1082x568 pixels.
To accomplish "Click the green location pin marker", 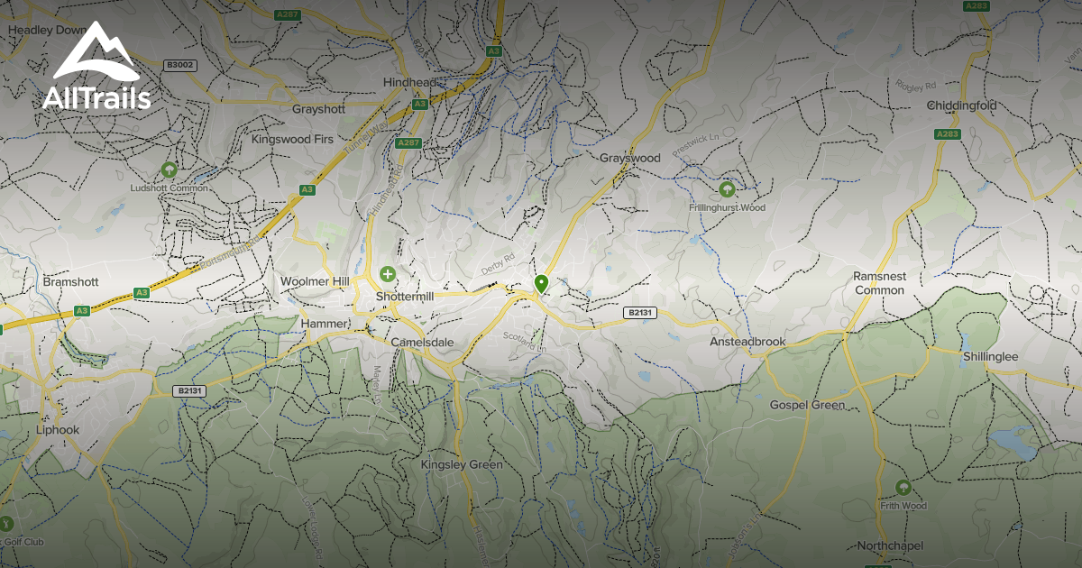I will tap(541, 284).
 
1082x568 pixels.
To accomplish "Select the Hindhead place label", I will tap(409, 82).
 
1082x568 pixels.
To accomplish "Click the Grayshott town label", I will tap(318, 109).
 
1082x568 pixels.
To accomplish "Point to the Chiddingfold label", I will tap(962, 105).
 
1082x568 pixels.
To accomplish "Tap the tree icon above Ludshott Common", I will tap(168, 169).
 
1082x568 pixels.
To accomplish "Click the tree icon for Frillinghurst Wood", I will tap(727, 189).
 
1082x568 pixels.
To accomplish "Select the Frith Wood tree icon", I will tap(903, 488).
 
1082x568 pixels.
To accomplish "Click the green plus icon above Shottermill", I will tap(388, 273).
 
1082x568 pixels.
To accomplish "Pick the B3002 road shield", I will tap(179, 65).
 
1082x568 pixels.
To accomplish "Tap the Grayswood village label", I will tap(630, 158).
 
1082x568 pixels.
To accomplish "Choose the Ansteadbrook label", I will tap(747, 342).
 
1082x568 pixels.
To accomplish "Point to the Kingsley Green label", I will tap(462, 464).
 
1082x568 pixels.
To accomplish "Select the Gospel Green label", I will tap(807, 405).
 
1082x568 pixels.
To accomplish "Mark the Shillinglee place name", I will tap(989, 357).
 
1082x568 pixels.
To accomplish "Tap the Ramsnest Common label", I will tap(879, 283).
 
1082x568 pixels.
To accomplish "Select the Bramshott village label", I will tap(69, 282).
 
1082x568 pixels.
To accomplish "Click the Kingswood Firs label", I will tap(292, 140).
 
